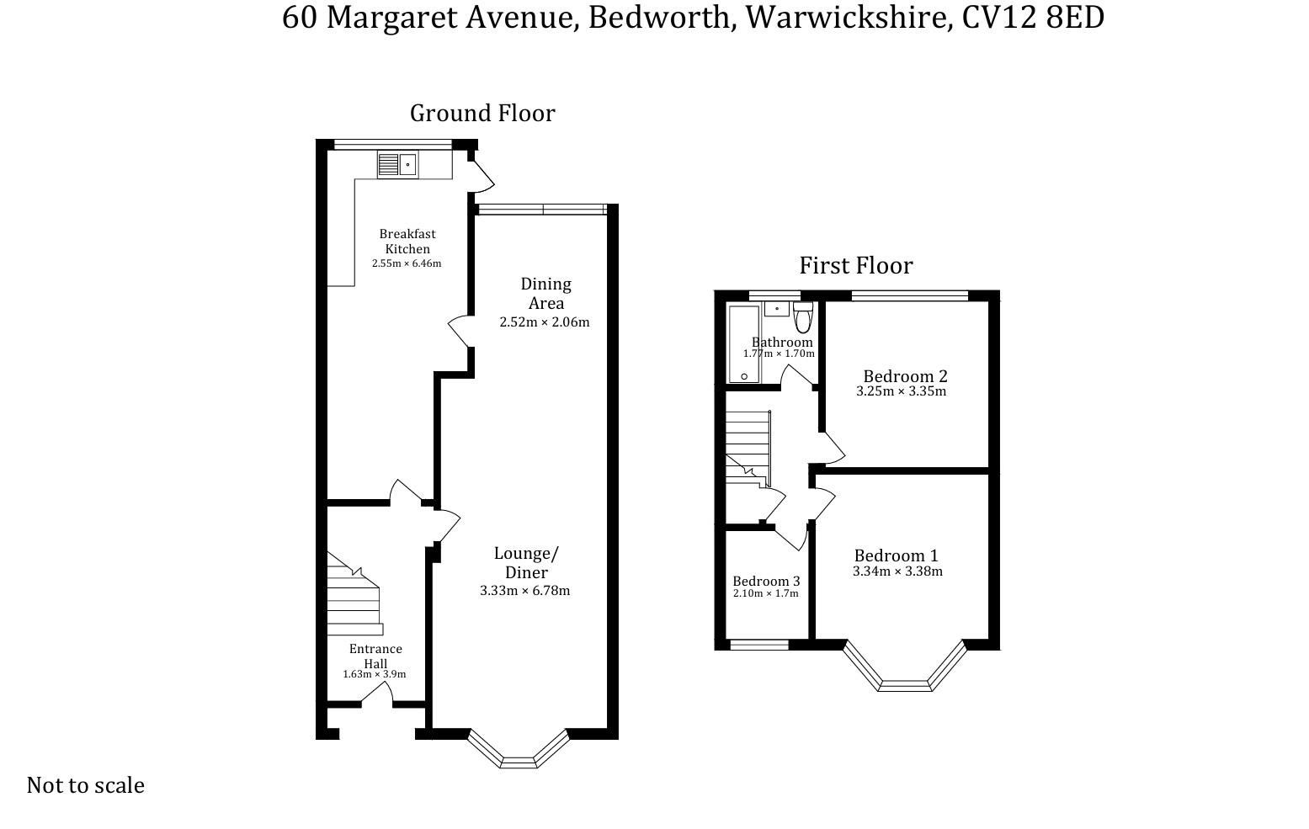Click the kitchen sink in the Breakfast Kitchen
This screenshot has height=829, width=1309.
(396, 164)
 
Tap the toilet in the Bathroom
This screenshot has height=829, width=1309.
(802, 317)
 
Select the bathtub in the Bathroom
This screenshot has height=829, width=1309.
(743, 343)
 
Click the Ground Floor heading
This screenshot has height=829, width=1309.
(482, 114)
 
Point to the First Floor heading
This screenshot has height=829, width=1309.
(855, 266)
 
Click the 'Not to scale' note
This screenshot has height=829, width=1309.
(86, 785)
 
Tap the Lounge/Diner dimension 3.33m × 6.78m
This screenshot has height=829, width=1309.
(524, 591)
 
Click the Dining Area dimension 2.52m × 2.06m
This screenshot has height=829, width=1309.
(544, 322)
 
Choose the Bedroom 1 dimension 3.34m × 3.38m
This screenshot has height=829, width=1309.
(897, 571)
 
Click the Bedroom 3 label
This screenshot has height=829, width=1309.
(766, 582)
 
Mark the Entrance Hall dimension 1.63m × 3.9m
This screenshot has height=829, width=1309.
(375, 674)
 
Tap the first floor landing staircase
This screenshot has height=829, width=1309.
(748, 446)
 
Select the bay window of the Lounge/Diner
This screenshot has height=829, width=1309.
(518, 752)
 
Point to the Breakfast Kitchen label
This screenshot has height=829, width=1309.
(407, 242)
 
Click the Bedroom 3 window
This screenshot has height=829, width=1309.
(758, 645)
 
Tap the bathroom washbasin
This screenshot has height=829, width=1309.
(776, 309)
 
